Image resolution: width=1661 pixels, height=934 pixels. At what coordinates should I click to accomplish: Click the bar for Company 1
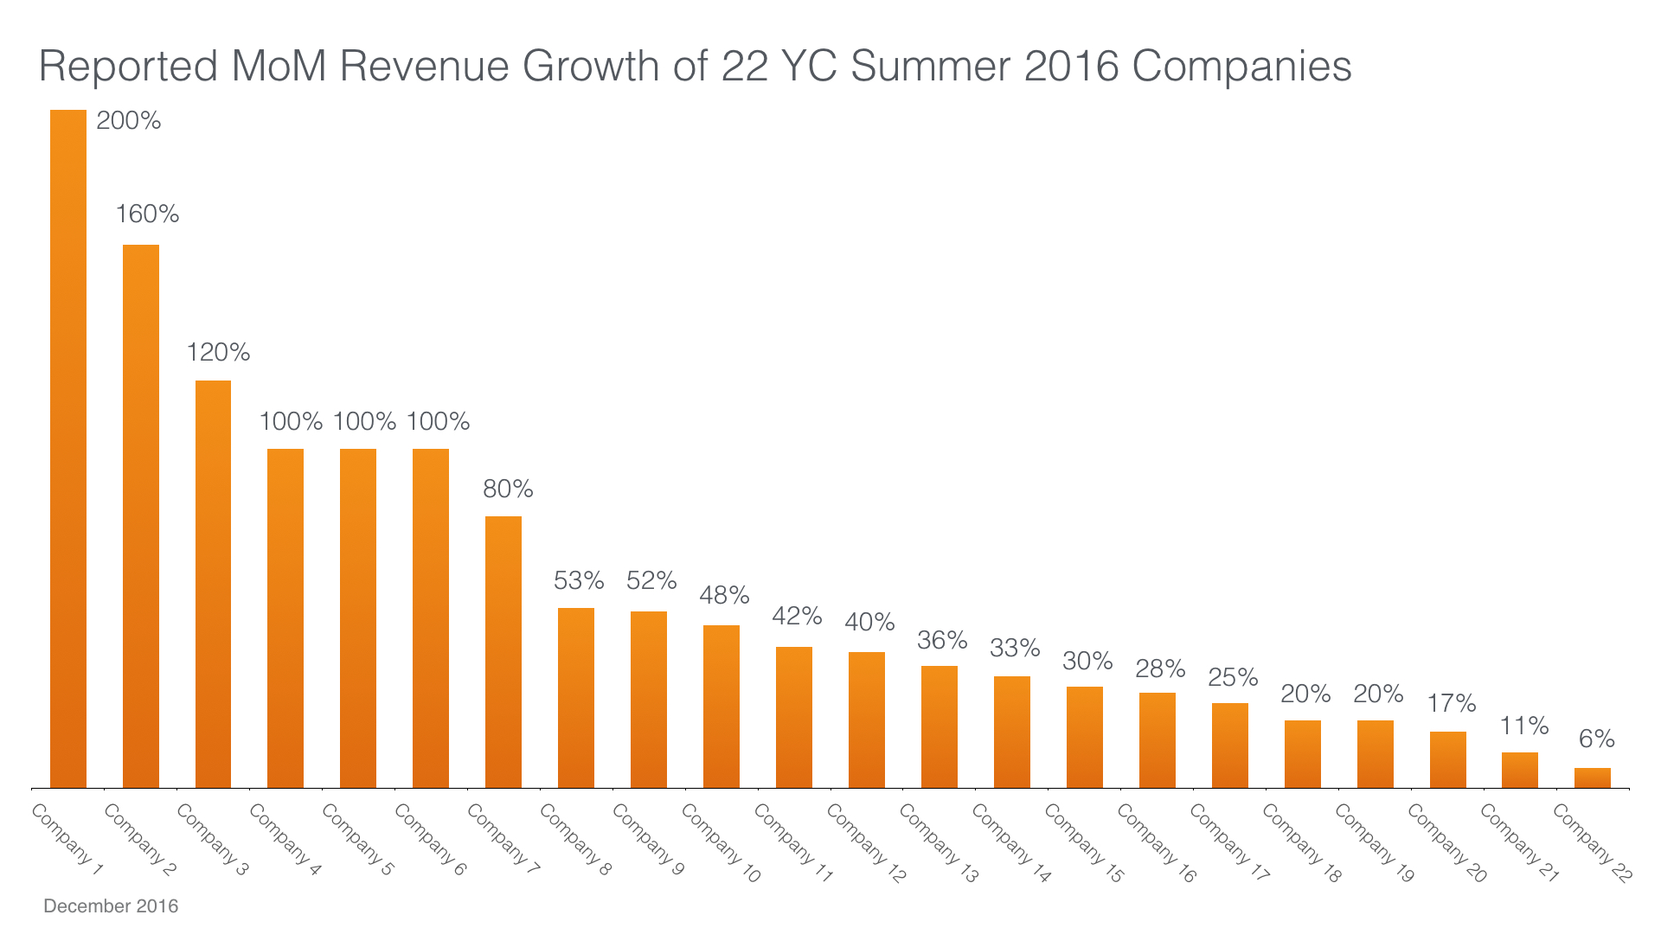[68, 450]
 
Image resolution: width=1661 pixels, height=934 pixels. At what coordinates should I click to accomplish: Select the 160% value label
[148, 214]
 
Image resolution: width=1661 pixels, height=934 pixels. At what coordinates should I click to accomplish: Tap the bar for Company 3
[213, 584]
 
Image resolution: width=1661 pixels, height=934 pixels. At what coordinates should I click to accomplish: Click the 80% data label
[508, 489]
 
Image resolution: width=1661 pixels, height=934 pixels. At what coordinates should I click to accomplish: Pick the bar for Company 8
[576, 698]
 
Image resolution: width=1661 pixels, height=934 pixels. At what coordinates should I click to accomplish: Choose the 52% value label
[651, 580]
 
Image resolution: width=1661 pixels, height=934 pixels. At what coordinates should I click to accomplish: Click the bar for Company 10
[721, 707]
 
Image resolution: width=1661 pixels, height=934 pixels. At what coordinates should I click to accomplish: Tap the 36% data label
[942, 641]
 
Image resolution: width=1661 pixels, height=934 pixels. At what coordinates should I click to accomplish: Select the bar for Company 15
[1085, 737]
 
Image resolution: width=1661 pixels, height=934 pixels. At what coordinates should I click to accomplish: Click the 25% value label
[1233, 677]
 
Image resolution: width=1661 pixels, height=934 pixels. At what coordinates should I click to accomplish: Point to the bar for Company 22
[1593, 777]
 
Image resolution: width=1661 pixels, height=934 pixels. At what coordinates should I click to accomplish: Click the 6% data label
[1596, 739]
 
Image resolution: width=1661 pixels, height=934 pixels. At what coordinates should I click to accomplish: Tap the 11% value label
[1523, 726]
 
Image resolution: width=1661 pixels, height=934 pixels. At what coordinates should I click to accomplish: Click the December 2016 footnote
[111, 906]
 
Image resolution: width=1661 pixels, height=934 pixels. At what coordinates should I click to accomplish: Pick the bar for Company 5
[358, 618]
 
